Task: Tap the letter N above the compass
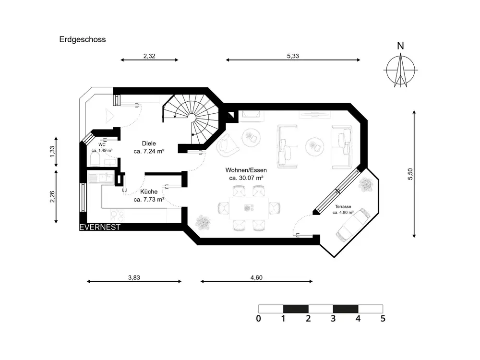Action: (x=400, y=47)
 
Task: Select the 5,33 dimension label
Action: (x=293, y=56)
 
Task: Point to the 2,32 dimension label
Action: (x=149, y=56)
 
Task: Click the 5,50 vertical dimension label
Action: (x=410, y=173)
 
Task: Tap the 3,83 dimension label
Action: (x=134, y=277)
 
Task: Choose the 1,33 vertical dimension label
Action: (x=52, y=152)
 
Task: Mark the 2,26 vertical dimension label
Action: (x=52, y=197)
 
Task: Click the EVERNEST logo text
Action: (x=100, y=227)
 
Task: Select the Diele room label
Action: (x=149, y=144)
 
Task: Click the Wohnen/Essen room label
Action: (x=247, y=170)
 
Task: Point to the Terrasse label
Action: (x=343, y=206)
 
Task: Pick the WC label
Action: (x=102, y=144)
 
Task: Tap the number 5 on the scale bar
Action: (x=383, y=318)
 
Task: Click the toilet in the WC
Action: (x=95, y=158)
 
